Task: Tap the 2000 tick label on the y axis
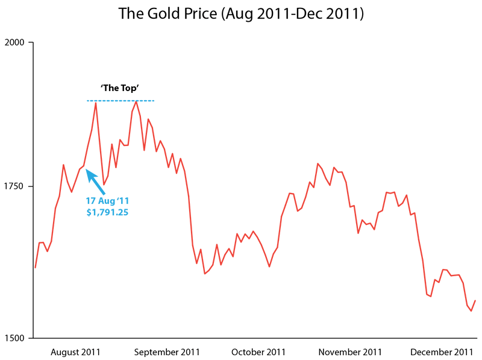14,43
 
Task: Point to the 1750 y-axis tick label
14,187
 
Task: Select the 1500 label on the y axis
14,338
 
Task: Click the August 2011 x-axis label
75,352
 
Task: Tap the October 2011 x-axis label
259,352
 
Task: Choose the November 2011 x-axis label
350,352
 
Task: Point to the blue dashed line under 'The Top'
120,101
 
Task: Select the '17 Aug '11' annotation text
107,201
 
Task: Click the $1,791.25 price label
107,212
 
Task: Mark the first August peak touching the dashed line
95,103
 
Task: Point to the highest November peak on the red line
318,163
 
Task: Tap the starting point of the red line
36,267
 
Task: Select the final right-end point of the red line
475,300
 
